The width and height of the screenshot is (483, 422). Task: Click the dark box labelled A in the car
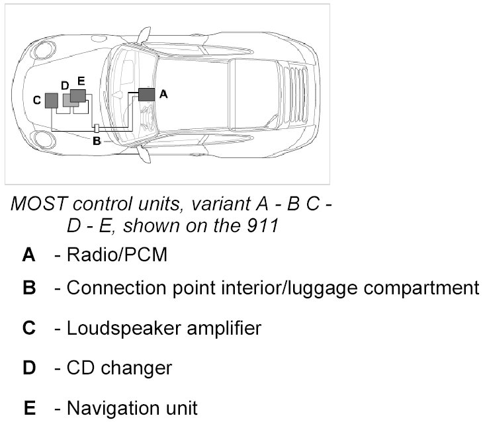[x=146, y=94]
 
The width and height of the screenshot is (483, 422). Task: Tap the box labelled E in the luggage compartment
[x=78, y=95]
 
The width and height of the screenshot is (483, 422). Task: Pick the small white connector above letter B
[x=97, y=128]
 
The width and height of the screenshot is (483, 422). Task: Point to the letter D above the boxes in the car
[x=65, y=85]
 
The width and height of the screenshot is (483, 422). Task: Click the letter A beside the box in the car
[x=164, y=95]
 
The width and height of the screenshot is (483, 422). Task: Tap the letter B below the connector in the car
[x=96, y=141]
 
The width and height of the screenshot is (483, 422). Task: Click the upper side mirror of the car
[x=144, y=32]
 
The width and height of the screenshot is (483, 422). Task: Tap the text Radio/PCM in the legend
[x=116, y=255]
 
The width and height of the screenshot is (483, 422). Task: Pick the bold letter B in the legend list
[x=28, y=288]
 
